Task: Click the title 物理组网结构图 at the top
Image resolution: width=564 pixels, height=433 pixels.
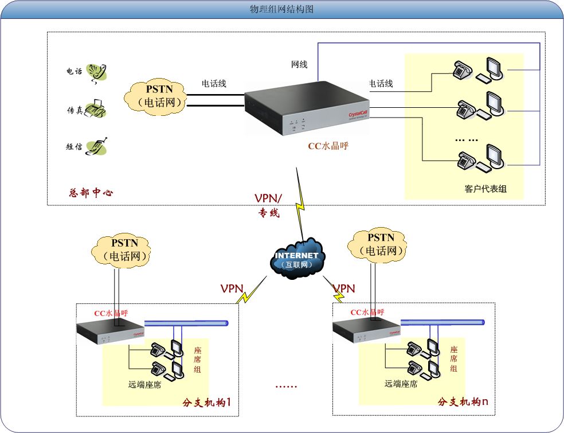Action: click(x=281, y=10)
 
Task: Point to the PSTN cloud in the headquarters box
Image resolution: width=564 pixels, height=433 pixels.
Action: click(x=158, y=97)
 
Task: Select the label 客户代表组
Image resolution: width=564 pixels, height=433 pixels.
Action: click(x=485, y=189)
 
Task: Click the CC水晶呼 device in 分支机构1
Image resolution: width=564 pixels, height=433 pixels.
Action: click(x=111, y=331)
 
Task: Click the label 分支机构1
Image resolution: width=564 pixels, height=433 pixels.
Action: click(x=206, y=401)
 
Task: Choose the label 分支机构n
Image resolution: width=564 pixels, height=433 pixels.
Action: click(x=463, y=401)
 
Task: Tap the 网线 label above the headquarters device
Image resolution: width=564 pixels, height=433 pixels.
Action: click(x=299, y=64)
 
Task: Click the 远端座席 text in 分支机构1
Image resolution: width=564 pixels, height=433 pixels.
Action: click(x=144, y=384)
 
